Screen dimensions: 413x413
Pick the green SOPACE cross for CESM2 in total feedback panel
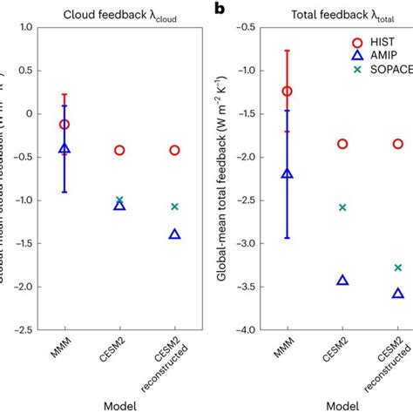342,207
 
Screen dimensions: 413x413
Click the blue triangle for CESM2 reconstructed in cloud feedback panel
174,234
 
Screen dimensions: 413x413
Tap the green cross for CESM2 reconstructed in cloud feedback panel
174,206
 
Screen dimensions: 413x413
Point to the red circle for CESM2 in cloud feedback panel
119,150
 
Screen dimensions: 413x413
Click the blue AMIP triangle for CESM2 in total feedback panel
342,280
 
